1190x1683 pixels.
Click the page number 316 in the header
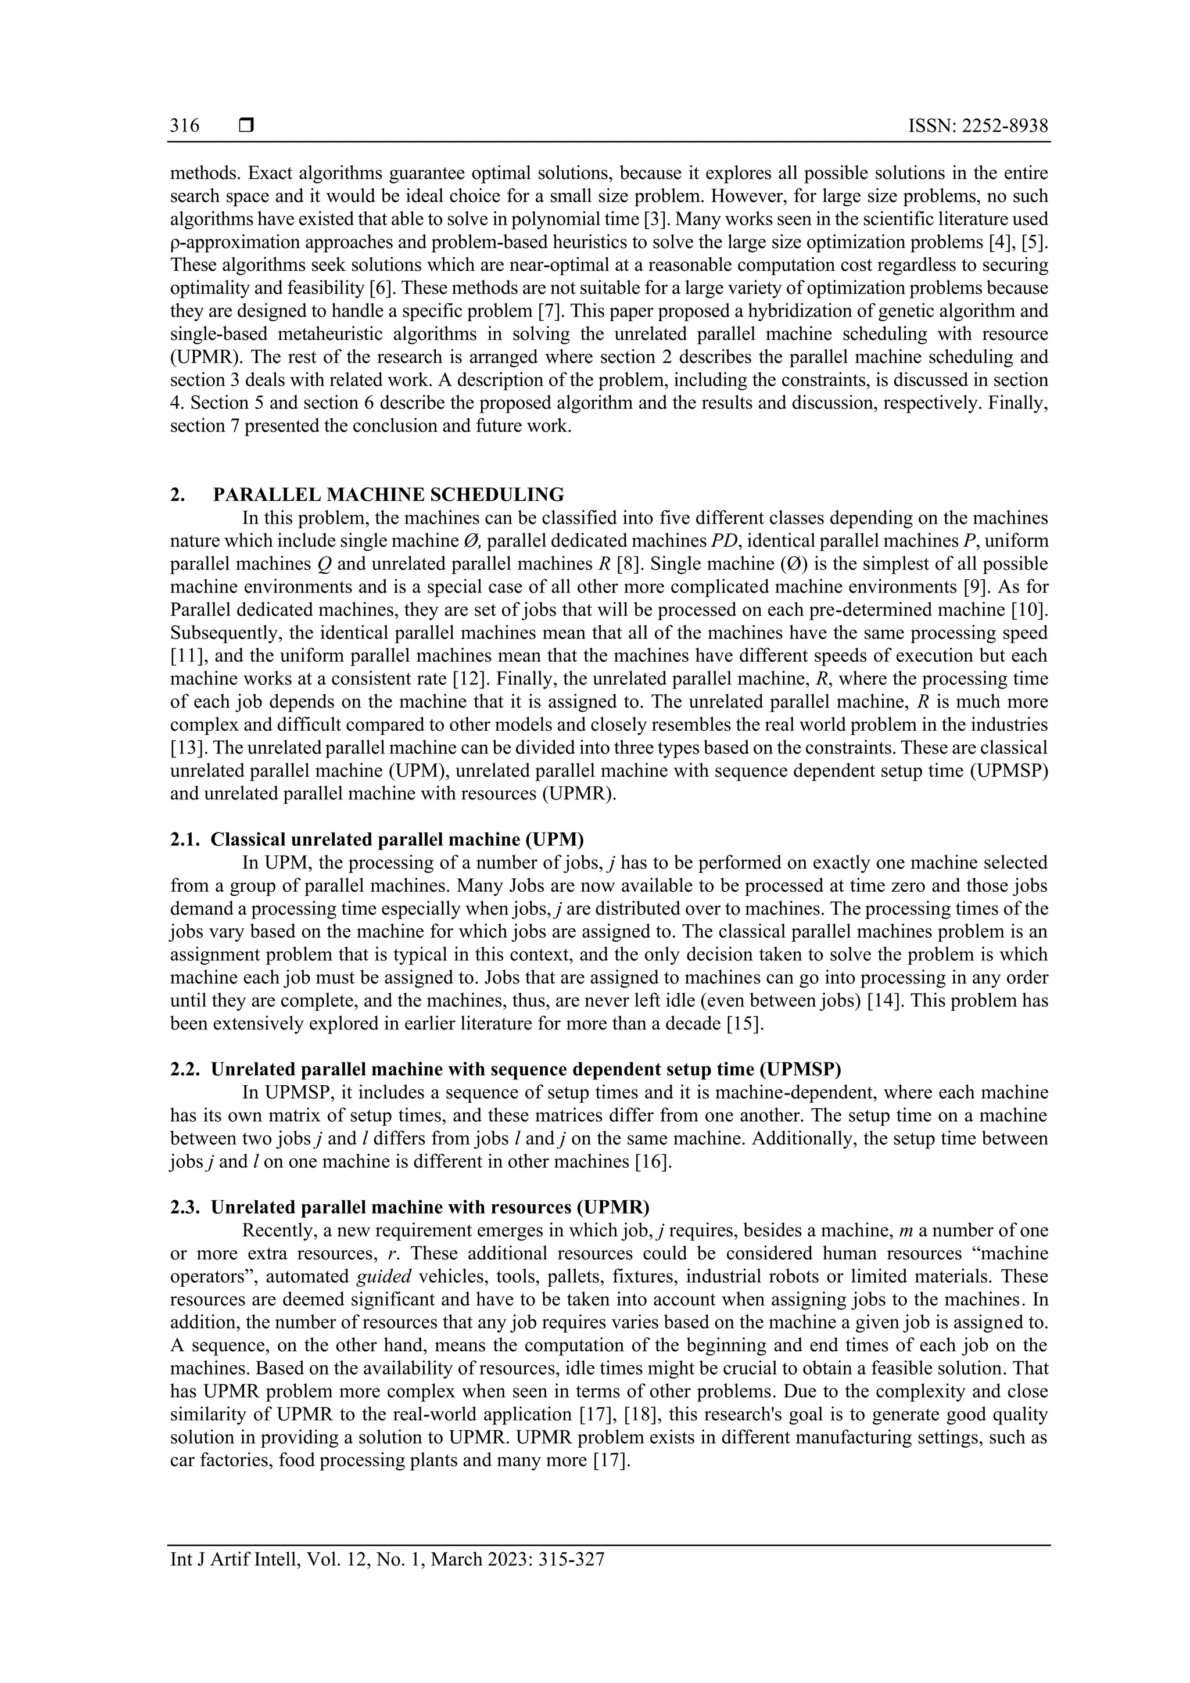[185, 126]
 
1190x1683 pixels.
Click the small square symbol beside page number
[246, 126]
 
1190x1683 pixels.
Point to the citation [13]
[185, 748]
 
